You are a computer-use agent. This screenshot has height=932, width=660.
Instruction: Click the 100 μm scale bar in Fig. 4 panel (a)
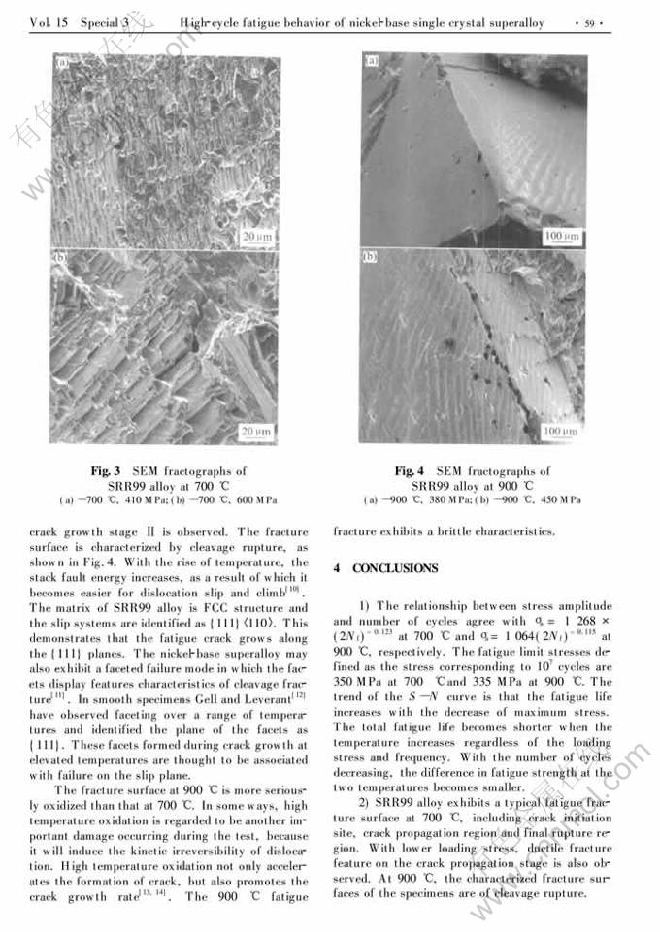(x=561, y=235)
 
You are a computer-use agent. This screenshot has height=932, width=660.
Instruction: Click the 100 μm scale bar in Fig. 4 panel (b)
(x=561, y=430)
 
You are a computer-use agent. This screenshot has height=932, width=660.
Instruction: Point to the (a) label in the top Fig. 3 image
(x=61, y=66)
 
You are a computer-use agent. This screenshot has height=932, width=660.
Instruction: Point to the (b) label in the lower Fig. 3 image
(x=61, y=260)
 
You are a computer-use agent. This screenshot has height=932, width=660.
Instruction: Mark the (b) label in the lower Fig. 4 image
(x=371, y=258)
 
